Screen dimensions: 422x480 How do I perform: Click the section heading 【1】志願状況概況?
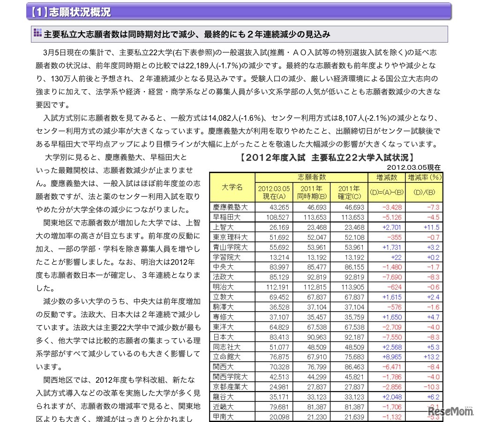click(x=70, y=12)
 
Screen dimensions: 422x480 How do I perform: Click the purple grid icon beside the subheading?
click(x=37, y=34)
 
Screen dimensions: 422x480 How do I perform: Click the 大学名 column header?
click(x=232, y=187)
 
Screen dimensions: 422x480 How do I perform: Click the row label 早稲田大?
click(x=227, y=217)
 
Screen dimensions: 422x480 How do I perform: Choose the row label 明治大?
click(x=224, y=287)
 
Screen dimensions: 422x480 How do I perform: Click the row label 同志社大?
click(x=227, y=347)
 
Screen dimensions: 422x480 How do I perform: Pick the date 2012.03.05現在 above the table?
click(x=414, y=167)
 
